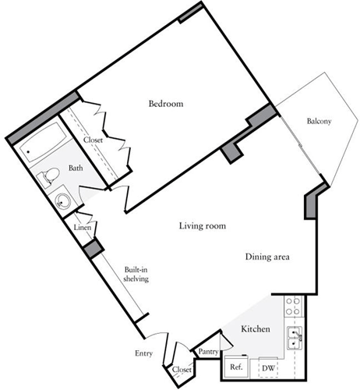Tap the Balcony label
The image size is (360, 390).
tap(319, 121)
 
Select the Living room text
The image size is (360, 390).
tap(203, 226)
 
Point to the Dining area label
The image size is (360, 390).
tap(267, 257)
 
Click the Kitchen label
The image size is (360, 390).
tap(255, 329)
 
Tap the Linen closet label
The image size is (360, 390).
tap(83, 228)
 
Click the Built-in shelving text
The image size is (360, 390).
tap(135, 275)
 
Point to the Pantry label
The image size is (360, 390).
tap(208, 352)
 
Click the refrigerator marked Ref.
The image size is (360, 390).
tap(236, 367)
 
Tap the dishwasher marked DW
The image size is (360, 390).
tap(267, 367)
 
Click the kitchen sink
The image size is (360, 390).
tap(295, 338)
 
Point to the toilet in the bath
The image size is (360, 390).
tap(48, 177)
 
